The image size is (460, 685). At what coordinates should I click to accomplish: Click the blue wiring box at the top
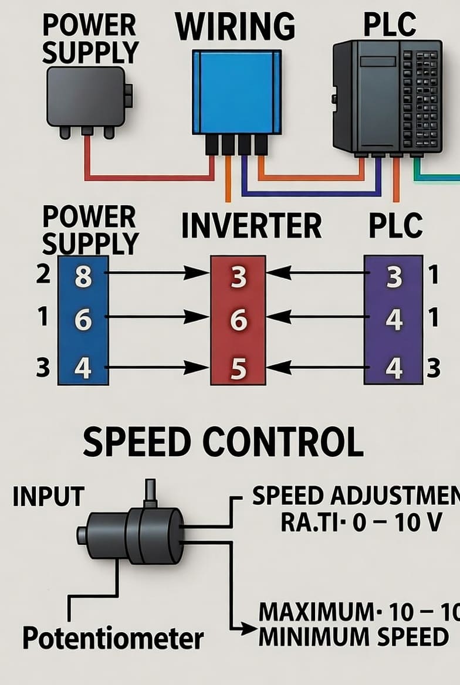click(236, 92)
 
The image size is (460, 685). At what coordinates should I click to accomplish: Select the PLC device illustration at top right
click(387, 97)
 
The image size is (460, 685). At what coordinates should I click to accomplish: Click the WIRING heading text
click(235, 26)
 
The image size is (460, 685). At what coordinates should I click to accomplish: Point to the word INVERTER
click(251, 226)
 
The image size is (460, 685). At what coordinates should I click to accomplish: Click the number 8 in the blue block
click(83, 276)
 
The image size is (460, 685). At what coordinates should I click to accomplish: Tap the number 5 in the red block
click(238, 369)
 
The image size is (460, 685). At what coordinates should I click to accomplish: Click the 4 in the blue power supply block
click(83, 369)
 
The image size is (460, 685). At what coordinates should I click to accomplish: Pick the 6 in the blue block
click(83, 321)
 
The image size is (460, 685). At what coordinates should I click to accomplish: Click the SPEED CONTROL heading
click(223, 442)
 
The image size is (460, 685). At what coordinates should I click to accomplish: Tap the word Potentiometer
click(113, 637)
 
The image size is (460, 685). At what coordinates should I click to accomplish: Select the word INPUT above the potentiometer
click(48, 497)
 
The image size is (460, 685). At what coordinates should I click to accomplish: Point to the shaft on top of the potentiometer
click(151, 491)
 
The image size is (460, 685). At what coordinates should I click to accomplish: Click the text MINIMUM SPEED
click(353, 636)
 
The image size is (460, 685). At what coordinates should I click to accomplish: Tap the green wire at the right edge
click(437, 177)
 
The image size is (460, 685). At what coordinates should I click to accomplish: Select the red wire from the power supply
click(147, 177)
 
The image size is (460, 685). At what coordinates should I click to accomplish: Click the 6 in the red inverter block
click(238, 321)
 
